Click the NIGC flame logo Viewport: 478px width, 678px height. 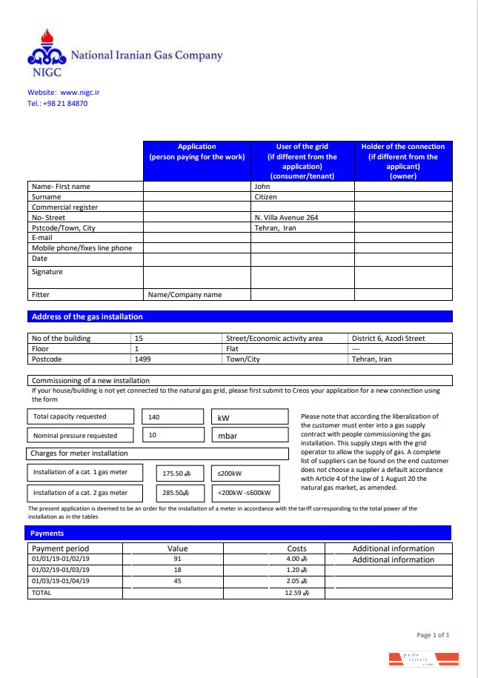coord(47,53)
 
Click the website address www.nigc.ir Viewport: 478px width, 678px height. coord(75,93)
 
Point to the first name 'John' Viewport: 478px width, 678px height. coord(262,187)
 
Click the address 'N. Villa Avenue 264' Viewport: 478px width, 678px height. coord(286,218)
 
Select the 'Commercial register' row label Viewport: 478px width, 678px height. coord(64,207)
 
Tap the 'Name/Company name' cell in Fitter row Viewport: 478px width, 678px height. coord(185,295)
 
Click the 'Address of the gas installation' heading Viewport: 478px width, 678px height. coord(87,316)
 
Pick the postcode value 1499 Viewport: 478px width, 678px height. coord(142,359)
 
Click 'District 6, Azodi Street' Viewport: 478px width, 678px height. coord(388,339)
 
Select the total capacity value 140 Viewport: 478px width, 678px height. coord(154,417)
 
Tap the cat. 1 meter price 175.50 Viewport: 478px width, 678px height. coord(176,473)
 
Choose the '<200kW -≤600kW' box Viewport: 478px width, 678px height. coord(245,493)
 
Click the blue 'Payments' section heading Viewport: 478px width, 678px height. coord(47,533)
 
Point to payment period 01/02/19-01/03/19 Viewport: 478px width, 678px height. coord(60,571)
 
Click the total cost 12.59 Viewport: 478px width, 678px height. coord(296,593)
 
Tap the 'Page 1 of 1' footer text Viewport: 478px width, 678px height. coord(433,635)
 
